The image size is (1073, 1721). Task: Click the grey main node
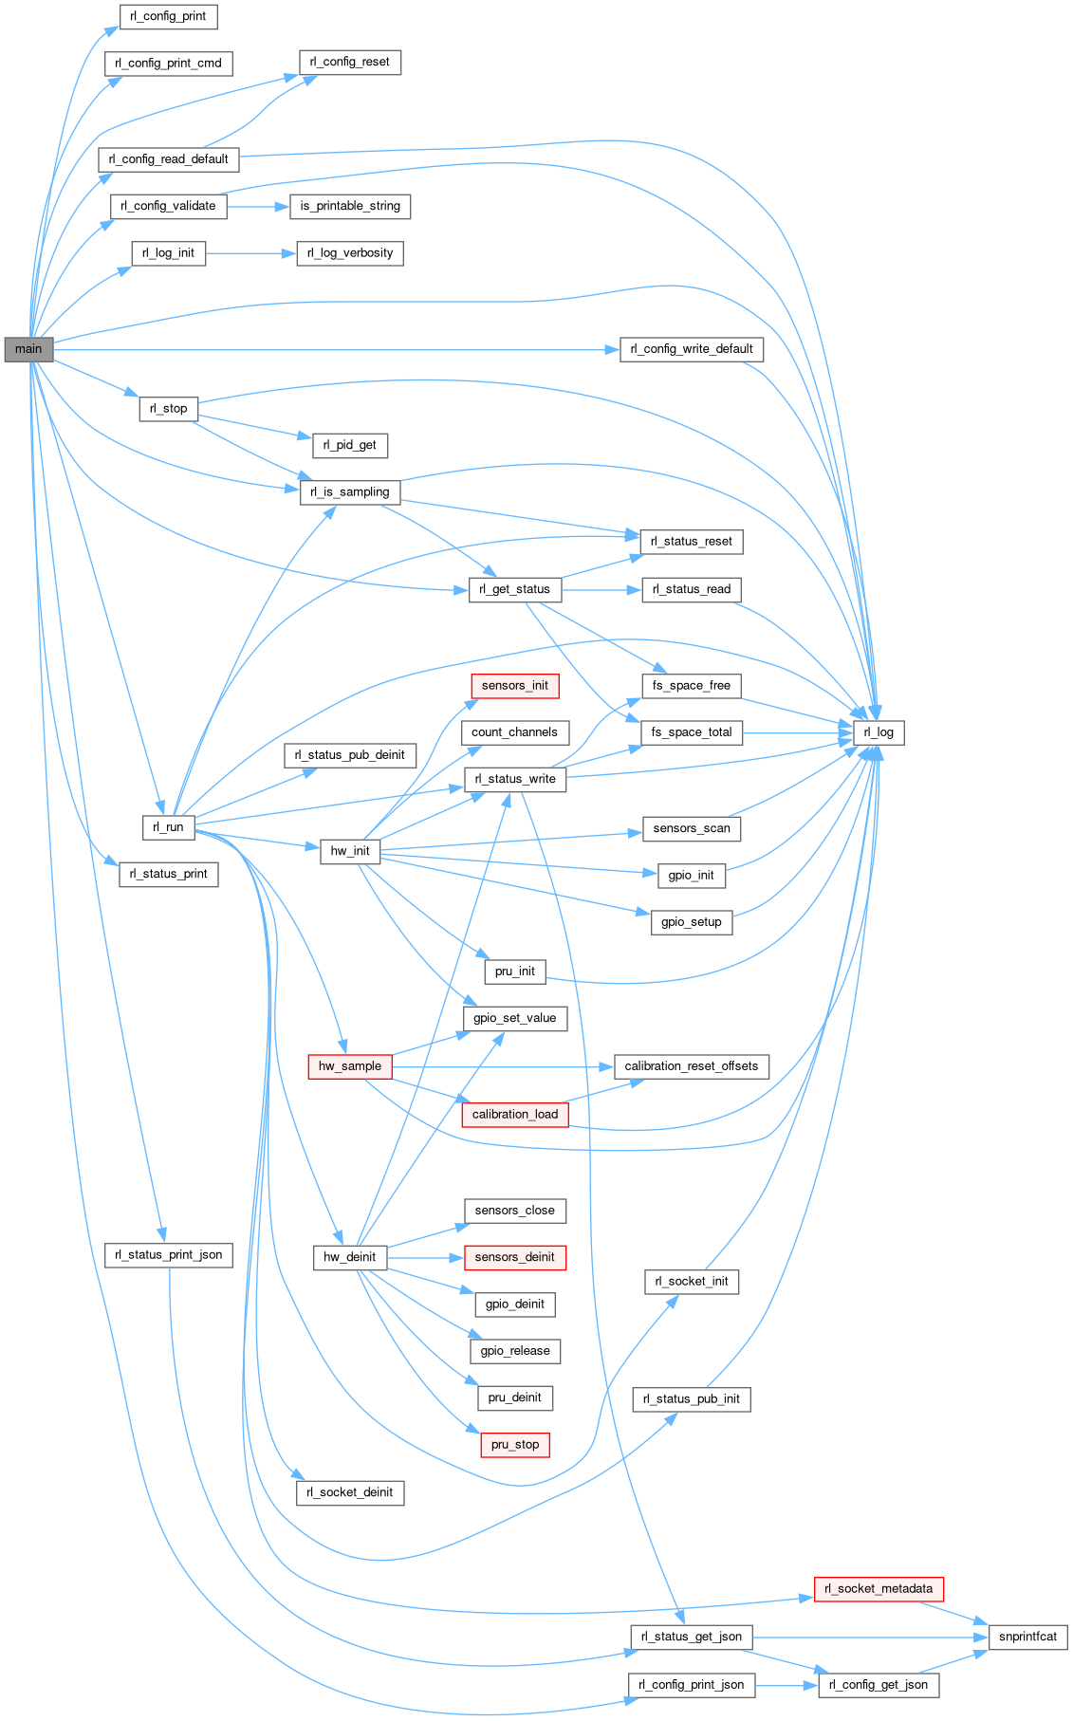click(28, 349)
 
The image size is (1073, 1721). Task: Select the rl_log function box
click(879, 732)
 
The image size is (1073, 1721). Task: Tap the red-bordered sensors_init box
click(514, 686)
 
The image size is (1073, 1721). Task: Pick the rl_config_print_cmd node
click(168, 64)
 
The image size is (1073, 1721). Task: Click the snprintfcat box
click(1027, 1637)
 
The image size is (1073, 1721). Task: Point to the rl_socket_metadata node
click(879, 1588)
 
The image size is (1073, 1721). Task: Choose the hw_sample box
click(349, 1066)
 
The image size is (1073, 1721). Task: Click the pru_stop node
click(515, 1445)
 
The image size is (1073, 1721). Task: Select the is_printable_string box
click(350, 206)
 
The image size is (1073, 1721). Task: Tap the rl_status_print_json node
click(169, 1255)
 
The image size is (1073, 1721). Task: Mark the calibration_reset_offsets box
click(691, 1066)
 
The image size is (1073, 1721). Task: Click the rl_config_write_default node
click(691, 349)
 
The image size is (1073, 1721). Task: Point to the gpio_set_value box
click(515, 1018)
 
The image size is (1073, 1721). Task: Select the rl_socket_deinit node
click(350, 1492)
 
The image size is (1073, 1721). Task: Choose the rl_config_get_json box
click(879, 1685)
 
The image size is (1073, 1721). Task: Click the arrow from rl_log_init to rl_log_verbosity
click(250, 253)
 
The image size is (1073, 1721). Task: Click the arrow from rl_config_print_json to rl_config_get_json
click(786, 1685)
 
